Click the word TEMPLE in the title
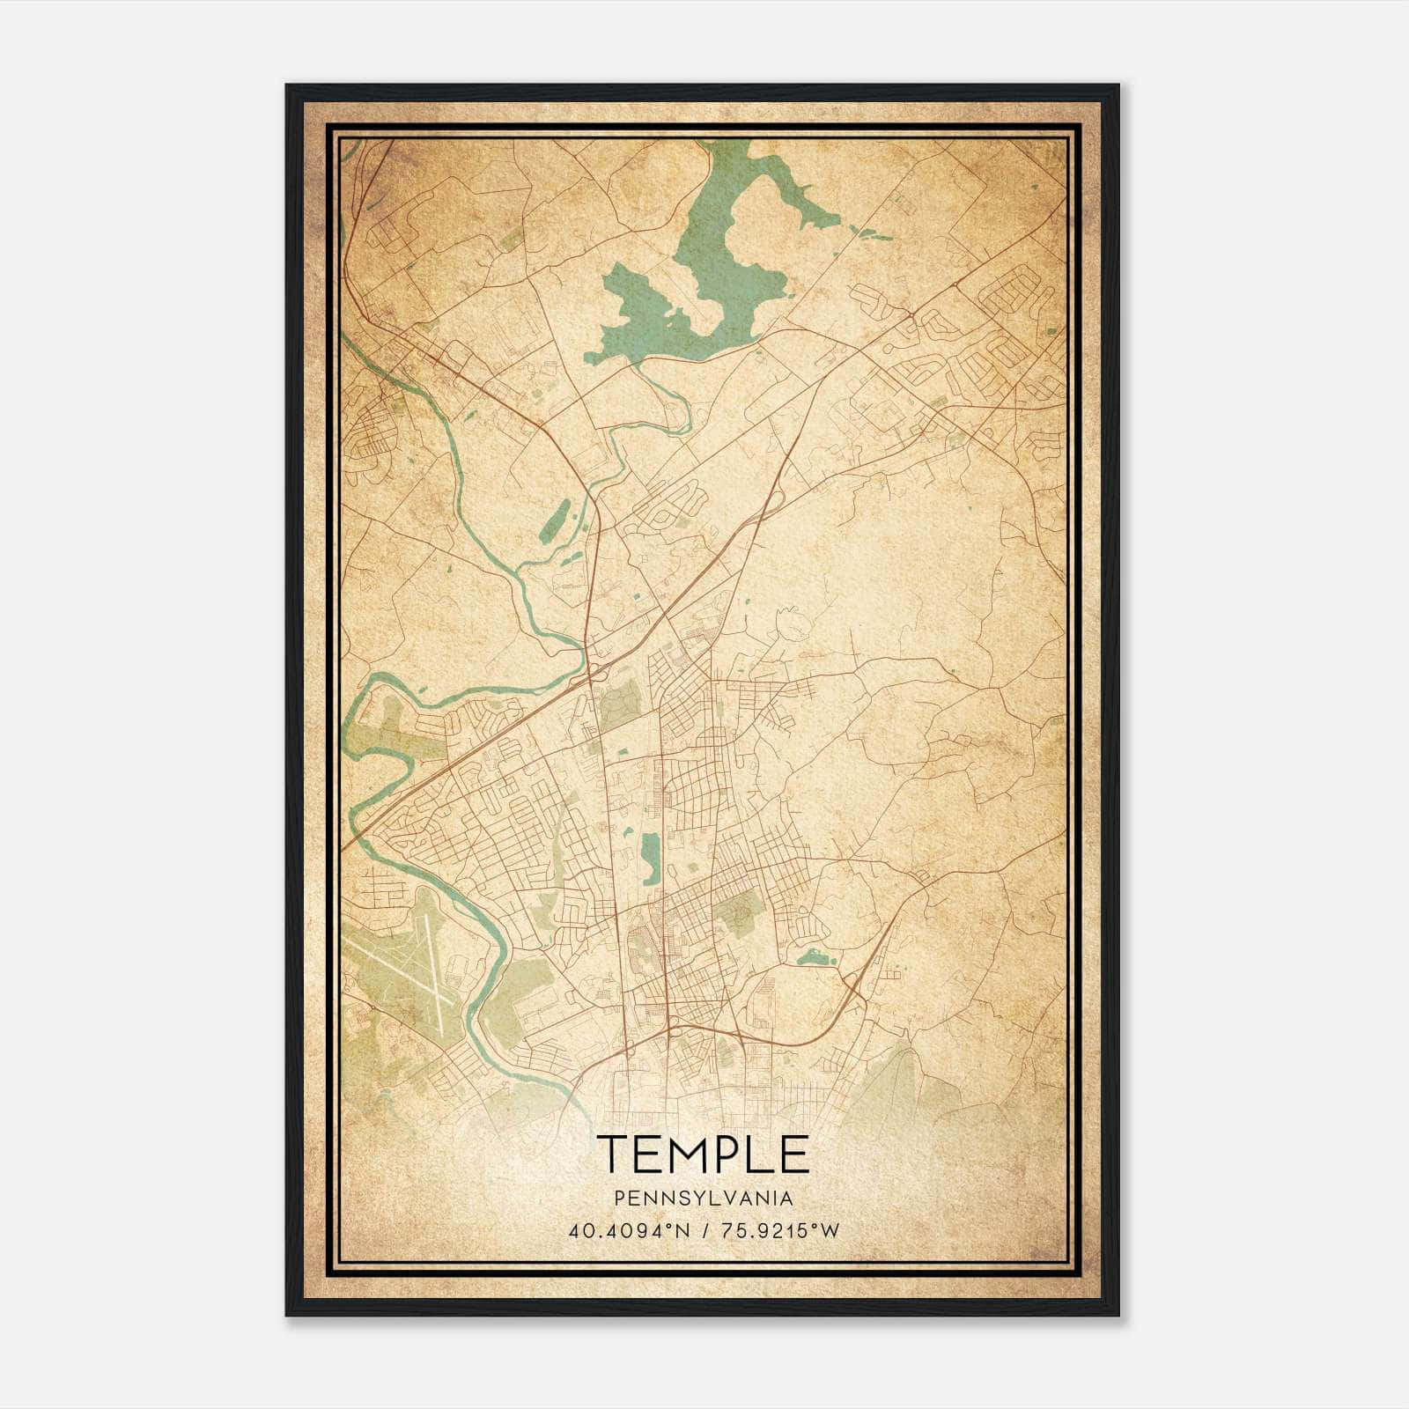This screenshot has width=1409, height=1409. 703,1154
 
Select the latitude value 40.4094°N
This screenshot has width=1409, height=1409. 630,1230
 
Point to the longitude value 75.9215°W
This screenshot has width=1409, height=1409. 780,1230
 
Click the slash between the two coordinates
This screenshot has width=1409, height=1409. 704,1230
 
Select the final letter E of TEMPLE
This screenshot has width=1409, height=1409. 795,1154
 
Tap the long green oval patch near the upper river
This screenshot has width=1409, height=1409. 555,521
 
